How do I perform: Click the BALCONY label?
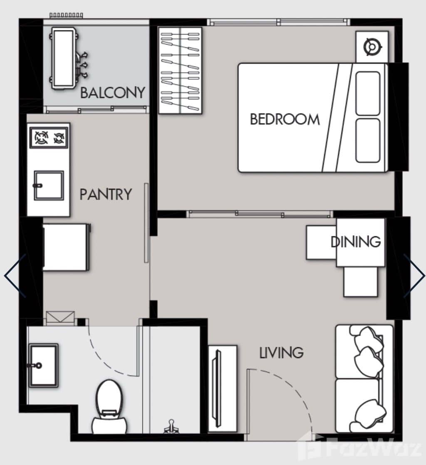pyautogui.click(x=112, y=92)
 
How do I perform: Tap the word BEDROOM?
pyautogui.click(x=285, y=119)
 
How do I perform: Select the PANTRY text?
pyautogui.click(x=106, y=194)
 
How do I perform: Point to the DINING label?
pyautogui.click(x=356, y=241)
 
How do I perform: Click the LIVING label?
pyautogui.click(x=281, y=353)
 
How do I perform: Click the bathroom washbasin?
pyautogui.click(x=43, y=365)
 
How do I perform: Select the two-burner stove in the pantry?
pyautogui.click(x=50, y=137)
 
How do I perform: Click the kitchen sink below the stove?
pyautogui.click(x=49, y=185)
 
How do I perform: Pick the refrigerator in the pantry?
pyautogui.click(x=66, y=247)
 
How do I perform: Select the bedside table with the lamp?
pyautogui.click(x=372, y=47)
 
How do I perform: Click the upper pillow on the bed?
pyautogui.click(x=368, y=94)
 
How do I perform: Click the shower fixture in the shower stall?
pyautogui.click(x=171, y=426)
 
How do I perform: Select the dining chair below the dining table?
pyautogui.click(x=360, y=282)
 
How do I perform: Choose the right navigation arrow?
pyautogui.click(x=414, y=276)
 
